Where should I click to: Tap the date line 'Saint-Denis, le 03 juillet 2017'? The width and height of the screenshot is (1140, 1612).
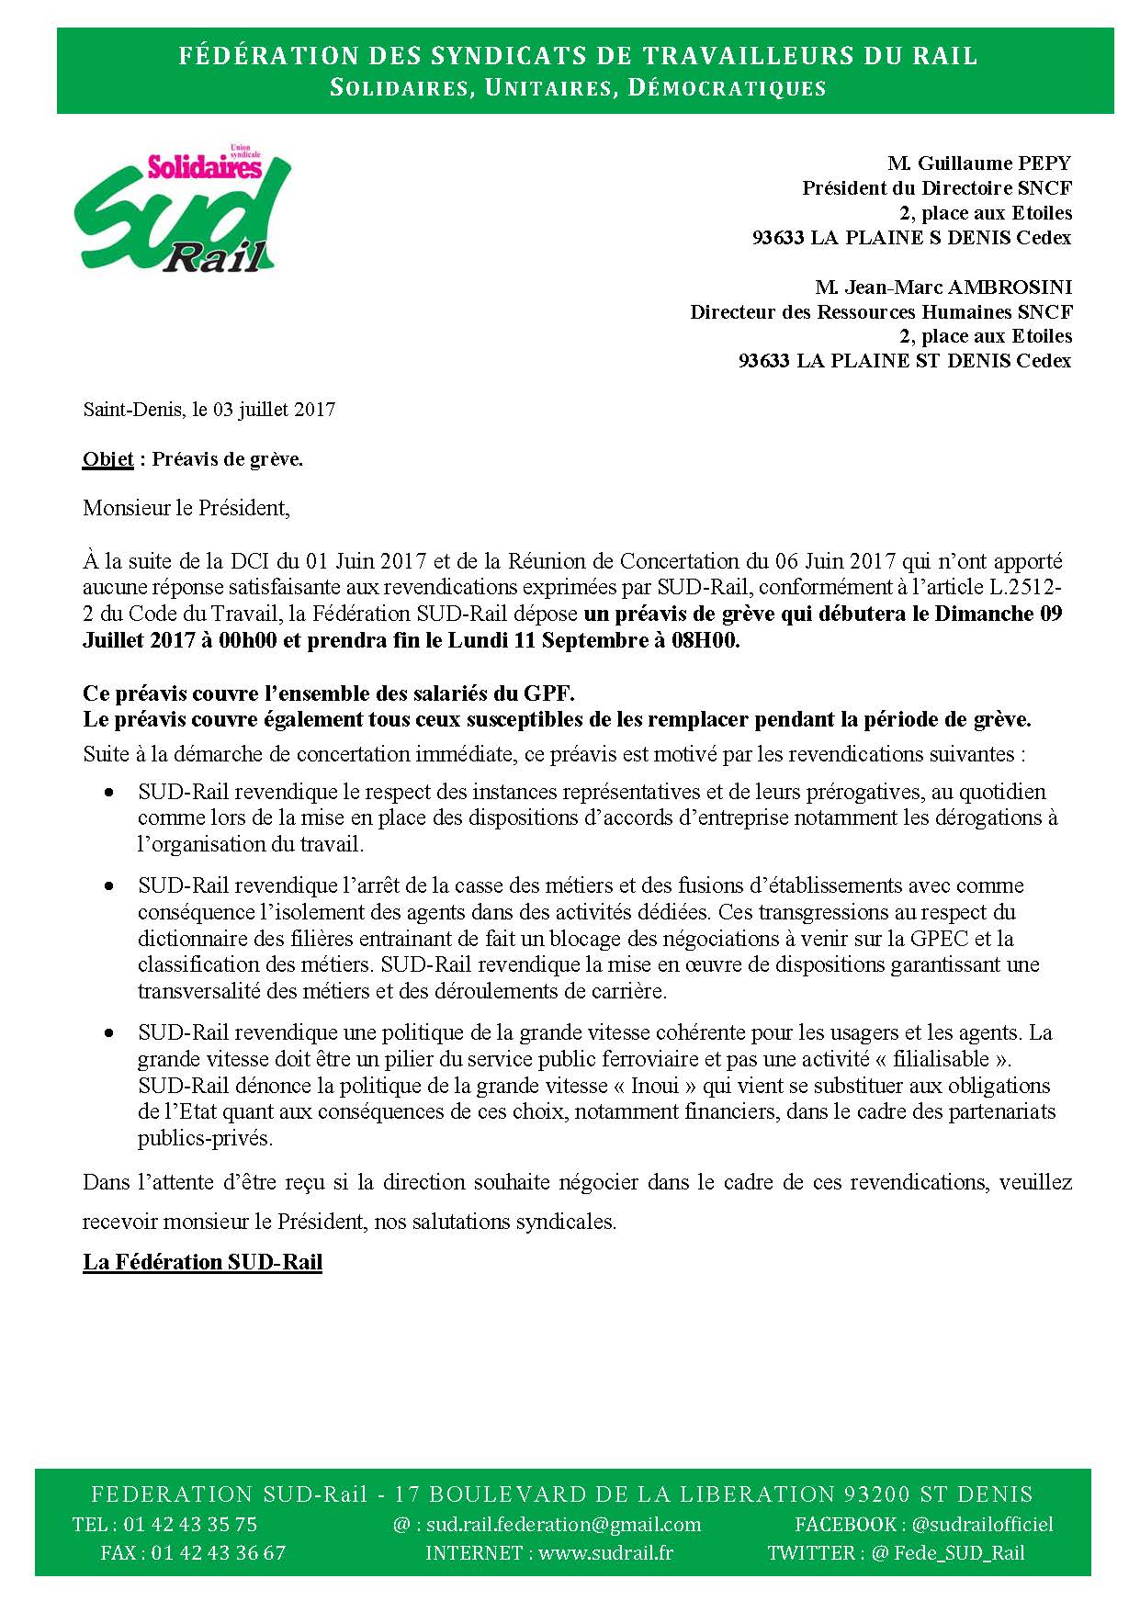pos(209,410)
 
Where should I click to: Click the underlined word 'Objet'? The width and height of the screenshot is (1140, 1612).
pos(107,459)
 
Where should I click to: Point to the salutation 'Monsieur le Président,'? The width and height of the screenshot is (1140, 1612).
pos(186,508)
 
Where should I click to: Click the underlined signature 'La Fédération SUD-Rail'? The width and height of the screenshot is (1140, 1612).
pos(202,1262)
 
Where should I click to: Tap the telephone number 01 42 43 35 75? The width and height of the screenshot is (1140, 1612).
pos(190,1524)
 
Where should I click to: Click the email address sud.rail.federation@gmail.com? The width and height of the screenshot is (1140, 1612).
pos(564,1524)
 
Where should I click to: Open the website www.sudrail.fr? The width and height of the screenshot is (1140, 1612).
pos(605,1553)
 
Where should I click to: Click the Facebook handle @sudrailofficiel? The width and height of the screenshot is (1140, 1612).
pos(982,1524)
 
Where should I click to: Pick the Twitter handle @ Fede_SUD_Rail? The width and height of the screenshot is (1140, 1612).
pos(947,1553)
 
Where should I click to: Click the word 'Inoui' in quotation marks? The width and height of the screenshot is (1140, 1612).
pos(655,1086)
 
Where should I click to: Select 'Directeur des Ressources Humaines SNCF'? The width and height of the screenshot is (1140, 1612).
pos(881,312)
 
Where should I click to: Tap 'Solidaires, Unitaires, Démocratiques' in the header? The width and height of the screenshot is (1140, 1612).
pos(578,88)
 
